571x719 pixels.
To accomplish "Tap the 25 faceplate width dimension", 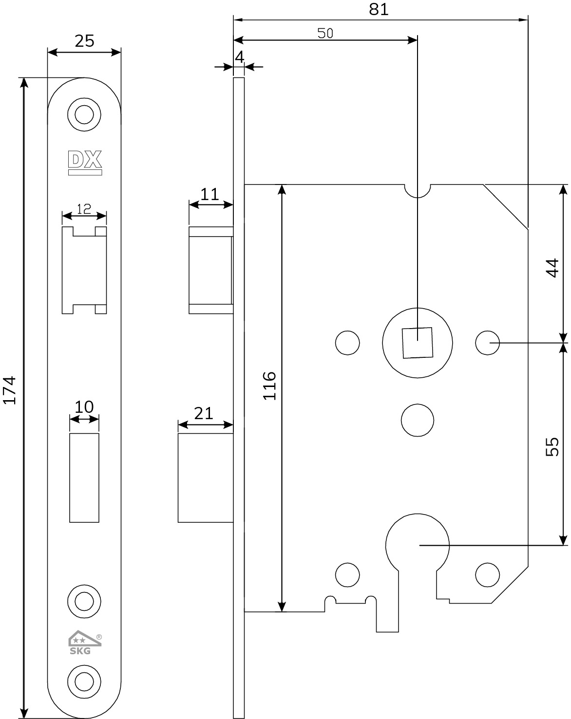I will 84,41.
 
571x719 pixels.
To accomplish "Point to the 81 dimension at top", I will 379,9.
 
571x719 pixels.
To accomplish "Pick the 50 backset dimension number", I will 325,33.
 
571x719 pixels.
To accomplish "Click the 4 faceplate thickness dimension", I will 239,57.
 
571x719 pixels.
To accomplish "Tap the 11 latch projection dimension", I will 209,195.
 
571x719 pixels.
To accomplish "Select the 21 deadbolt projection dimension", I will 204,414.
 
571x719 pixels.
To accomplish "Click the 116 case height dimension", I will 269,386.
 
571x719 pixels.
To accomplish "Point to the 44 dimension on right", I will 552,268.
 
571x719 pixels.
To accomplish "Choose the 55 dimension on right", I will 552,447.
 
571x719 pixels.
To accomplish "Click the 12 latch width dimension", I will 84,209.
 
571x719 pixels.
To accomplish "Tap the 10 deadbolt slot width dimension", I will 84,407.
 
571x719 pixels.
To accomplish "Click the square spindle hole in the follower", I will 417,343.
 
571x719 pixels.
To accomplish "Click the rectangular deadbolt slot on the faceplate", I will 84,478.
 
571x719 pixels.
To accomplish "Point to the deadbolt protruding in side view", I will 206,478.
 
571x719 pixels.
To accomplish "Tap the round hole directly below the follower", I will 417,420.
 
